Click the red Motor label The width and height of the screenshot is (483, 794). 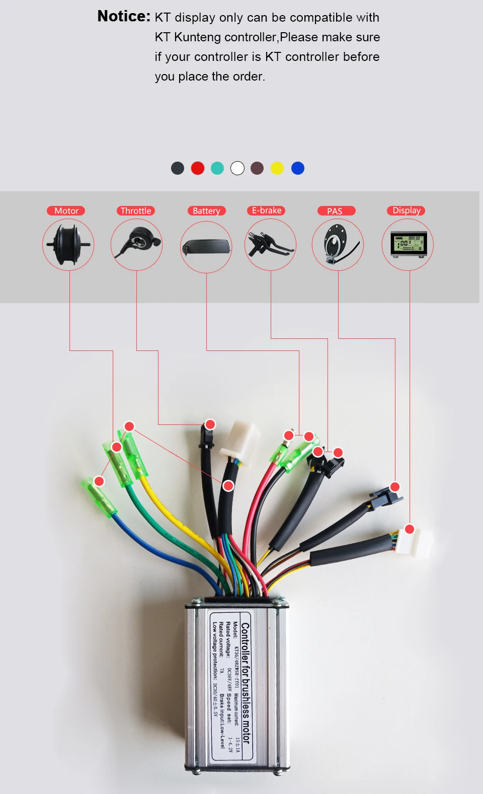(x=66, y=211)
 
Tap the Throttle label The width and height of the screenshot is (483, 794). (x=136, y=211)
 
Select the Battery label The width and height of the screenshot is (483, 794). (x=206, y=211)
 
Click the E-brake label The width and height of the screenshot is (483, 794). (x=267, y=210)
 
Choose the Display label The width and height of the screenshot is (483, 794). (x=406, y=210)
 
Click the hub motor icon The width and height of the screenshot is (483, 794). (x=68, y=245)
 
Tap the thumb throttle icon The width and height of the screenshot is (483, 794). (x=137, y=244)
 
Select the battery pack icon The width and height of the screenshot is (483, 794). (x=206, y=247)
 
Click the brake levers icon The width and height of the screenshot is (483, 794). (x=271, y=244)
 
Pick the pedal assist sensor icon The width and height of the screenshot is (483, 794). (x=338, y=245)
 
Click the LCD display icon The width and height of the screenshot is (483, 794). (x=408, y=245)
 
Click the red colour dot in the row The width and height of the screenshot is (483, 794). (x=198, y=168)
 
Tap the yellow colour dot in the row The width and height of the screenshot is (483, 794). (x=277, y=168)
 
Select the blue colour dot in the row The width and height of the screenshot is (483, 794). (x=298, y=168)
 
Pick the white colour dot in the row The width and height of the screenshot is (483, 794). (x=237, y=168)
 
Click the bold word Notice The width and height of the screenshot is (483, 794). (x=124, y=17)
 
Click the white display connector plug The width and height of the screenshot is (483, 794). (x=417, y=542)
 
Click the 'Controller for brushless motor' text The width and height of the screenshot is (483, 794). (x=246, y=682)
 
